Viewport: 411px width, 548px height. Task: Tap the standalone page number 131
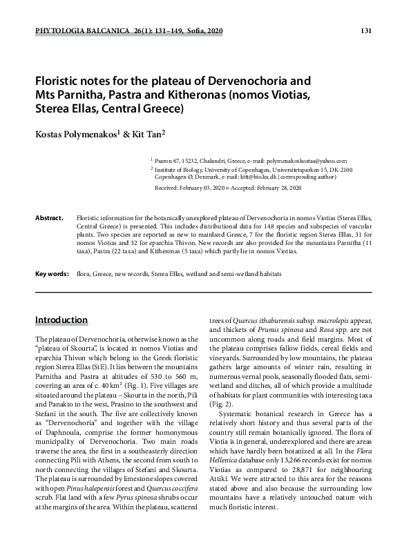(367, 32)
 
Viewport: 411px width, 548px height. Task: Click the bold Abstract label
(49, 217)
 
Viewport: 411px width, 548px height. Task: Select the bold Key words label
(52, 274)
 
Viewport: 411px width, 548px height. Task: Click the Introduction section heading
(61, 320)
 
